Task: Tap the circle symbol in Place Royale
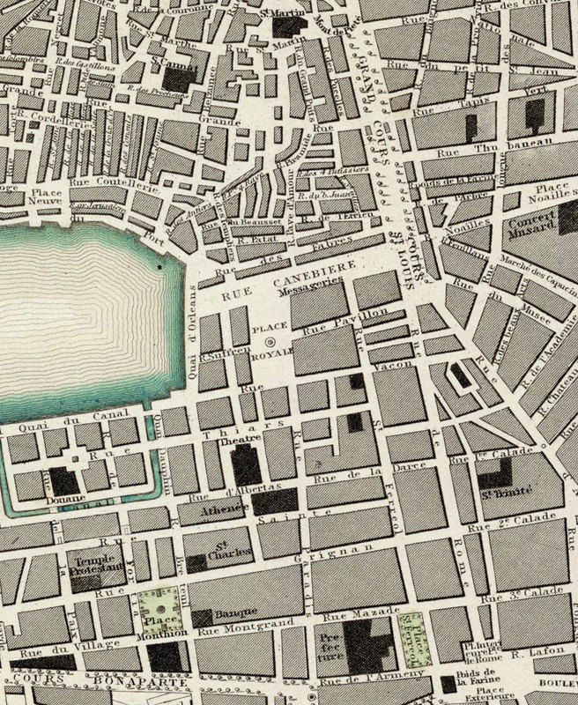(270, 339)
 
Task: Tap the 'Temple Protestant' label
(96, 568)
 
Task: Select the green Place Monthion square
(158, 608)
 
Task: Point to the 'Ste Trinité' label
(497, 503)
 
